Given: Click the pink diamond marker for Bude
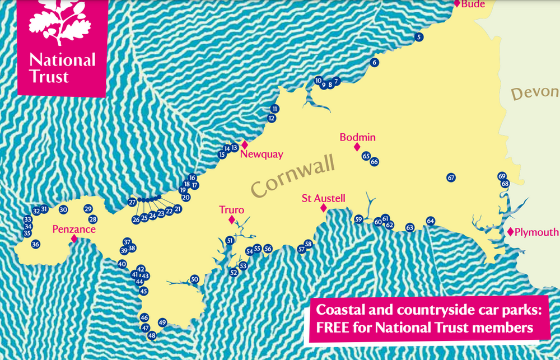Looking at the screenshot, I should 457,3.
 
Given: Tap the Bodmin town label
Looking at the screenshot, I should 357,137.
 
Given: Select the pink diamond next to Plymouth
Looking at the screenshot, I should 510,232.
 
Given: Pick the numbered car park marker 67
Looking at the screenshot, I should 451,177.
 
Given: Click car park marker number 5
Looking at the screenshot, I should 419,37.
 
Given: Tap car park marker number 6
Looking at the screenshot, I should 374,62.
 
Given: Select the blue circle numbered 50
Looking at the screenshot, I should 194,279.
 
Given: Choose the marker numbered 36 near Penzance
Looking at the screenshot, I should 35,244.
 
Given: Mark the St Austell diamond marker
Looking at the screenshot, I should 323,208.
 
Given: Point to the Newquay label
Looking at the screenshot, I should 261,155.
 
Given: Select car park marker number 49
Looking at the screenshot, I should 162,322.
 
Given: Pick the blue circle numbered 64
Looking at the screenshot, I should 430,221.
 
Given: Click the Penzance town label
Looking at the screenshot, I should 73,229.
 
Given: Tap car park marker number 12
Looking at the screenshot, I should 272,119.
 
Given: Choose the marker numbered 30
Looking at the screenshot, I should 63,209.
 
